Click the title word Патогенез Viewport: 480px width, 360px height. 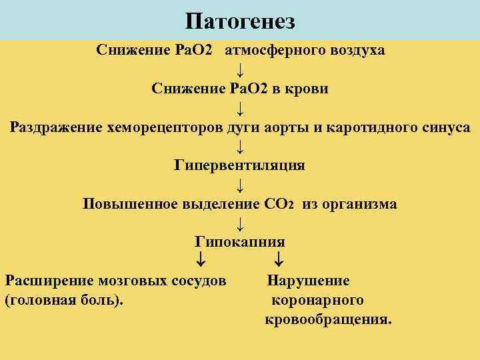[x=240, y=21]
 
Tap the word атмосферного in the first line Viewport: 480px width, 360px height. [x=277, y=51]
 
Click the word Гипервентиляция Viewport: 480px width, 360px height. [x=240, y=165]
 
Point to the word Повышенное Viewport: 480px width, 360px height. [x=129, y=204]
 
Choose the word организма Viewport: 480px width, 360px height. [x=359, y=204]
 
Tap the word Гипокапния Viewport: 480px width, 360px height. [x=240, y=242]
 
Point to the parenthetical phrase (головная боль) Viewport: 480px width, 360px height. [x=64, y=300]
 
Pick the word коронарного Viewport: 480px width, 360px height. [x=317, y=300]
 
